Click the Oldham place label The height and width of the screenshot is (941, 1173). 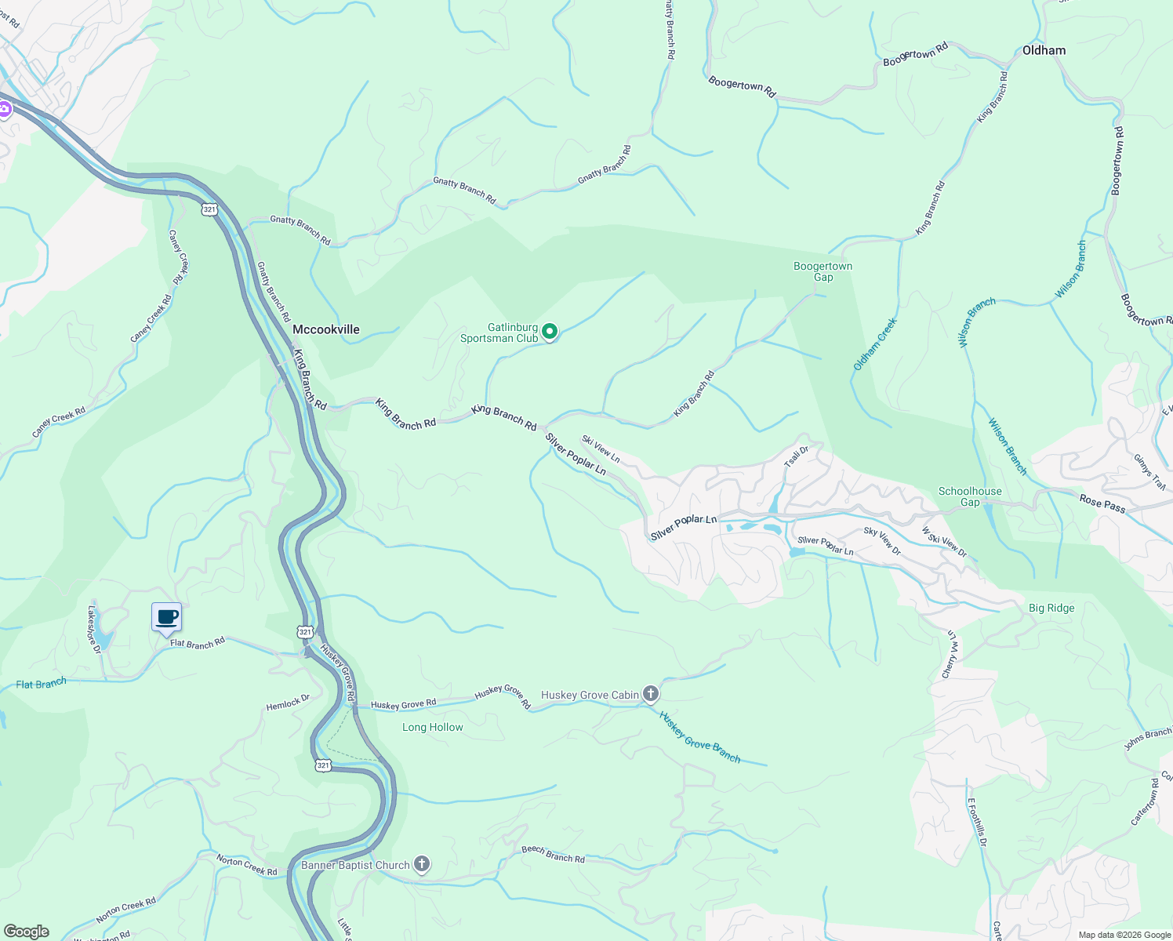pyautogui.click(x=1044, y=50)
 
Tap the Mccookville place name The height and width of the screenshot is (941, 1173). pyautogui.click(x=325, y=329)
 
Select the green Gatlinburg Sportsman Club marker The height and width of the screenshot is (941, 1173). pyautogui.click(x=550, y=332)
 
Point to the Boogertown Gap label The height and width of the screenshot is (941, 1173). pyautogui.click(x=823, y=271)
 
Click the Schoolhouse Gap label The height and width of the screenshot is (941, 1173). pyautogui.click(x=970, y=496)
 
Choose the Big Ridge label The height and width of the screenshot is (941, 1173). pyautogui.click(x=1051, y=608)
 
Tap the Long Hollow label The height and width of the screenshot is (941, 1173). pyautogui.click(x=432, y=727)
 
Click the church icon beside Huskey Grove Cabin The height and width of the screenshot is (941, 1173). pyautogui.click(x=650, y=694)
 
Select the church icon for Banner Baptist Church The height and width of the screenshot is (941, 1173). pyautogui.click(x=422, y=865)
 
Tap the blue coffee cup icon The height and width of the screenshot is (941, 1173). pyautogui.click(x=166, y=617)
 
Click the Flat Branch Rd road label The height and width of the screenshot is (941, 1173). pyautogui.click(x=198, y=643)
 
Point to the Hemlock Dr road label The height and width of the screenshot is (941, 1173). pyautogui.click(x=288, y=703)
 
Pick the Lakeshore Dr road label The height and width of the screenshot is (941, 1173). pyautogui.click(x=94, y=628)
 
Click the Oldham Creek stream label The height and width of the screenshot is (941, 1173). pyautogui.click(x=874, y=344)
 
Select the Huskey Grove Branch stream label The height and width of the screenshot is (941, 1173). pyautogui.click(x=699, y=737)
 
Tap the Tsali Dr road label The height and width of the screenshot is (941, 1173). pyautogui.click(x=796, y=457)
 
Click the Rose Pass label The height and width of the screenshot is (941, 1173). pyautogui.click(x=1102, y=503)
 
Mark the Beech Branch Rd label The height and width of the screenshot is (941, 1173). pyautogui.click(x=553, y=854)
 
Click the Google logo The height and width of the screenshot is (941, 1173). pyautogui.click(x=26, y=932)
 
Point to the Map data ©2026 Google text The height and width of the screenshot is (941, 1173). pyautogui.click(x=1124, y=935)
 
